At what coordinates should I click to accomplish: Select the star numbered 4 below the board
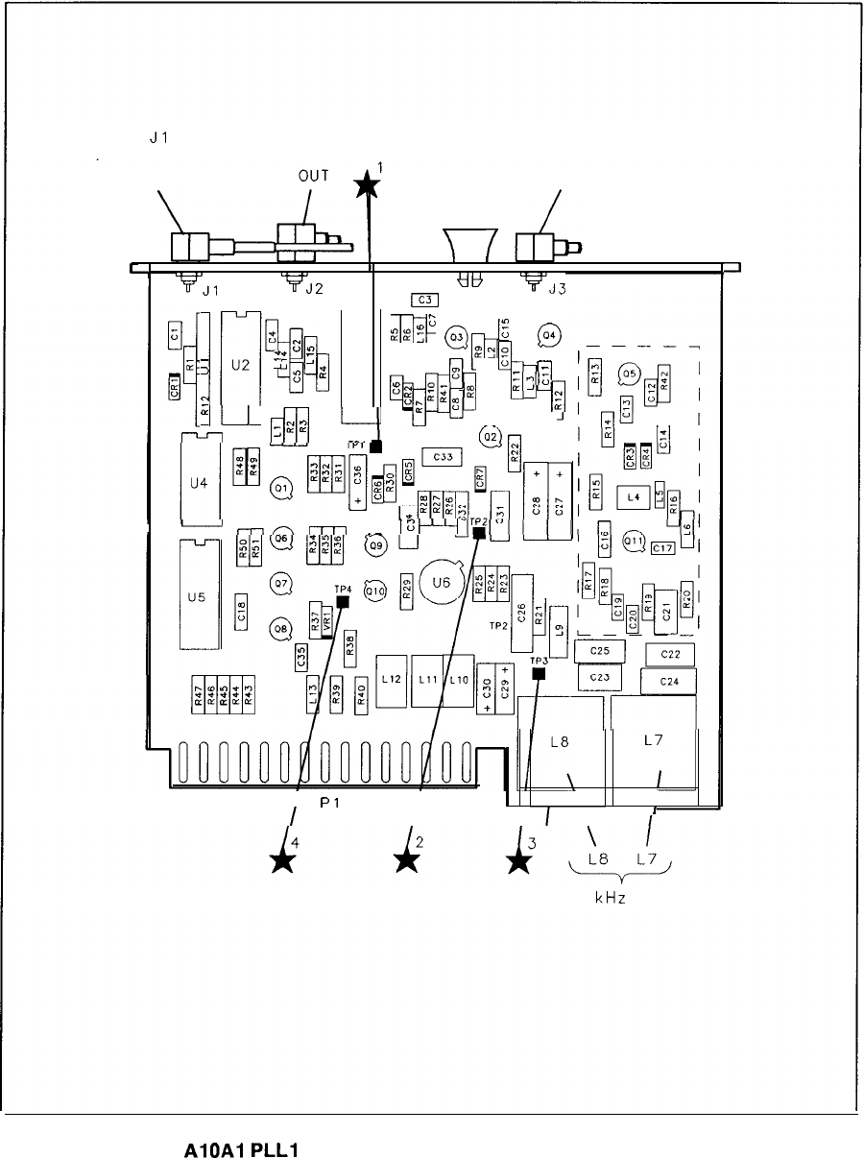pyautogui.click(x=282, y=860)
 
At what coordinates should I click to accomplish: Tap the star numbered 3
pyautogui.click(x=519, y=860)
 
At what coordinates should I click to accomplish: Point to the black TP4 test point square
pyautogui.click(x=343, y=602)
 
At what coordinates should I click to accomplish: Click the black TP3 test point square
pyautogui.click(x=539, y=674)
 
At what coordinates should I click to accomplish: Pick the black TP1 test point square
pyautogui.click(x=376, y=446)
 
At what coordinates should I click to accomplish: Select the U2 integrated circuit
pyautogui.click(x=240, y=364)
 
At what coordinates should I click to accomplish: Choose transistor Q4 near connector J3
pyautogui.click(x=549, y=335)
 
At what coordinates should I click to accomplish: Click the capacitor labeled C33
pyautogui.click(x=443, y=457)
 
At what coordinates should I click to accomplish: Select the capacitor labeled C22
pyautogui.click(x=671, y=655)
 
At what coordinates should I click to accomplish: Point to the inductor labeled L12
pyautogui.click(x=392, y=679)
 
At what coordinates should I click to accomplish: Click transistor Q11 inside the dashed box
pyautogui.click(x=634, y=541)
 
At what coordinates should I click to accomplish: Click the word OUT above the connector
pyautogui.click(x=312, y=176)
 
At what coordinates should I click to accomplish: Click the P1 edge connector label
pyautogui.click(x=331, y=801)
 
